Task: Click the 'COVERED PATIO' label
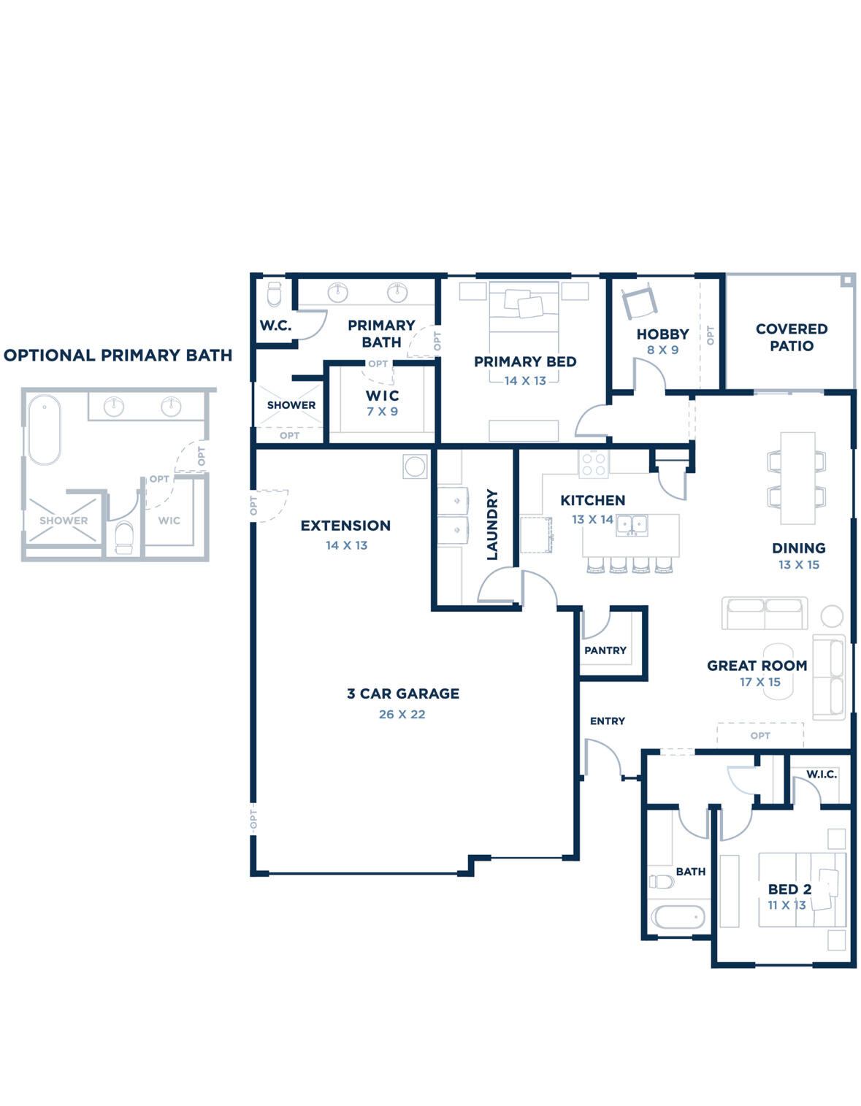click(x=791, y=337)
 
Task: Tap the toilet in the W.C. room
click(x=274, y=295)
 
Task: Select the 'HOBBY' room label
click(x=662, y=334)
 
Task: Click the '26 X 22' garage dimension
click(x=402, y=715)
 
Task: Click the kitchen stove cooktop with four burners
click(x=593, y=464)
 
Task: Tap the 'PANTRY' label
click(x=605, y=650)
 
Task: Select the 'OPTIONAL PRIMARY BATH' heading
click(x=118, y=356)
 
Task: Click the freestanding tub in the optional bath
click(x=44, y=429)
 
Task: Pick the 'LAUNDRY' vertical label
click(x=491, y=524)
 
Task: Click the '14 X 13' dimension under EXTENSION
click(x=346, y=545)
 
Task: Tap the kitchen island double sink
click(x=632, y=524)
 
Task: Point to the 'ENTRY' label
click(x=607, y=721)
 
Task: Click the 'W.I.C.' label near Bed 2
click(x=821, y=775)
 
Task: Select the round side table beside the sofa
click(x=832, y=616)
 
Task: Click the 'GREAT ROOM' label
click(x=757, y=666)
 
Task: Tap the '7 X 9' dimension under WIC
click(x=382, y=412)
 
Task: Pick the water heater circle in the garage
click(x=415, y=466)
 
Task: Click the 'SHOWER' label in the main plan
click(x=291, y=405)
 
